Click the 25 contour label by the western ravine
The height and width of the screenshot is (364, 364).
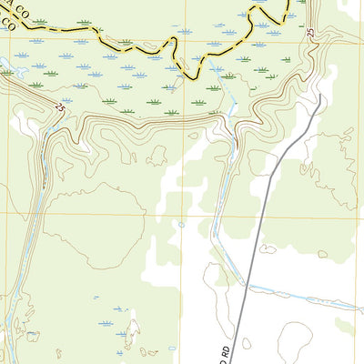(60, 107)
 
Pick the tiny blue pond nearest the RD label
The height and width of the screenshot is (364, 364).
(181, 225)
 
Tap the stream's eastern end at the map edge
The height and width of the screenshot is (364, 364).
(361, 301)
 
